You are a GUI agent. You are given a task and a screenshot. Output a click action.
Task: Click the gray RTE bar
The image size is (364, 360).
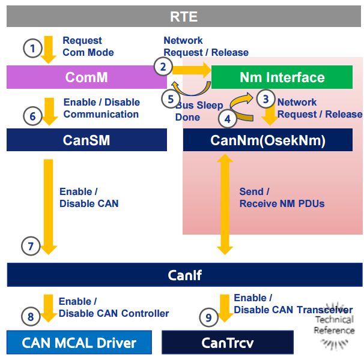pyautogui.click(x=184, y=16)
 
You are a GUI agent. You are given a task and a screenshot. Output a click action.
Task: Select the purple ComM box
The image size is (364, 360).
pyautogui.click(x=86, y=77)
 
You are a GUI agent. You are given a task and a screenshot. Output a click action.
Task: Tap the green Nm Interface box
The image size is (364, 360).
pyautogui.click(x=282, y=77)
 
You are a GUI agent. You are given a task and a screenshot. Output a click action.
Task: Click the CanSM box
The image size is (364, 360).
pyautogui.click(x=86, y=140)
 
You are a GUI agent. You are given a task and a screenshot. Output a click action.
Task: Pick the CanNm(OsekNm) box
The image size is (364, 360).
pyautogui.click(x=268, y=140)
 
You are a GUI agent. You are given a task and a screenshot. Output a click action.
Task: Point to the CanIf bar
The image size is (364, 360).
pyautogui.click(x=185, y=275)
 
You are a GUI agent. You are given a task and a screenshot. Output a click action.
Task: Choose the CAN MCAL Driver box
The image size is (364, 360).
pyautogui.click(x=79, y=343)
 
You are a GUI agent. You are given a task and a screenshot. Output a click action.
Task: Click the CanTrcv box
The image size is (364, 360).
pyautogui.click(x=228, y=343)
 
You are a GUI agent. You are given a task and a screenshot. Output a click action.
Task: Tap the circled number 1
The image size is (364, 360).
pyautogui.click(x=32, y=48)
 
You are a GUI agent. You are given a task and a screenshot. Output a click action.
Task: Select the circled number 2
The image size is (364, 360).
pyautogui.click(x=163, y=67)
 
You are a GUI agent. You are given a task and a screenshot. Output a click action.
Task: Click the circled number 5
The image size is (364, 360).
pyautogui.click(x=171, y=99)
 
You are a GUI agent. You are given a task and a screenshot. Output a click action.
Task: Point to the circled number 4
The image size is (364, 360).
pyautogui.click(x=228, y=119)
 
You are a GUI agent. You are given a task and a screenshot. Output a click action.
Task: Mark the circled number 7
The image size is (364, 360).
pyautogui.click(x=31, y=246)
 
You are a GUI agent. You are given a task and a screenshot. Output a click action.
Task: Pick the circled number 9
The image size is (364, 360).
pyautogui.click(x=208, y=317)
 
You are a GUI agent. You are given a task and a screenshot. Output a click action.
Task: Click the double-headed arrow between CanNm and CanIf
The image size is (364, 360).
pyautogui.click(x=225, y=205)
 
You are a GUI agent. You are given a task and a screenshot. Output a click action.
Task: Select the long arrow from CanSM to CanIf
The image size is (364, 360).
pyautogui.click(x=48, y=207)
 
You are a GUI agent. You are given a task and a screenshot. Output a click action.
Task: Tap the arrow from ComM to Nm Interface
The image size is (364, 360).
pyautogui.click(x=192, y=70)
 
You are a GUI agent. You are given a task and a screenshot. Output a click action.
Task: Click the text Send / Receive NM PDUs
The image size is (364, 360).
pyautogui.click(x=282, y=197)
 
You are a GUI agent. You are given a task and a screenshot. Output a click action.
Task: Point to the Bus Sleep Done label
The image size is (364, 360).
pyautogui.click(x=199, y=111)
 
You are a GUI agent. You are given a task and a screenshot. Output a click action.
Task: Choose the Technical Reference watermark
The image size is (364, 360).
pyautogui.click(x=335, y=325)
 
